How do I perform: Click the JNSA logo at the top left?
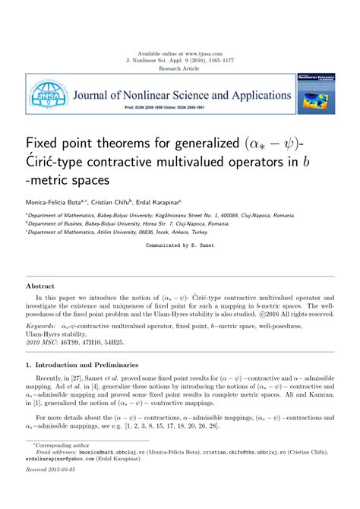tap(44, 95)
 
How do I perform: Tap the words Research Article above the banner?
tap(179, 68)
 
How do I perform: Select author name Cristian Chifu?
tap(111, 203)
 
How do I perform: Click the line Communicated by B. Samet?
tap(179, 245)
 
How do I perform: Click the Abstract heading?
tap(40, 286)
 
